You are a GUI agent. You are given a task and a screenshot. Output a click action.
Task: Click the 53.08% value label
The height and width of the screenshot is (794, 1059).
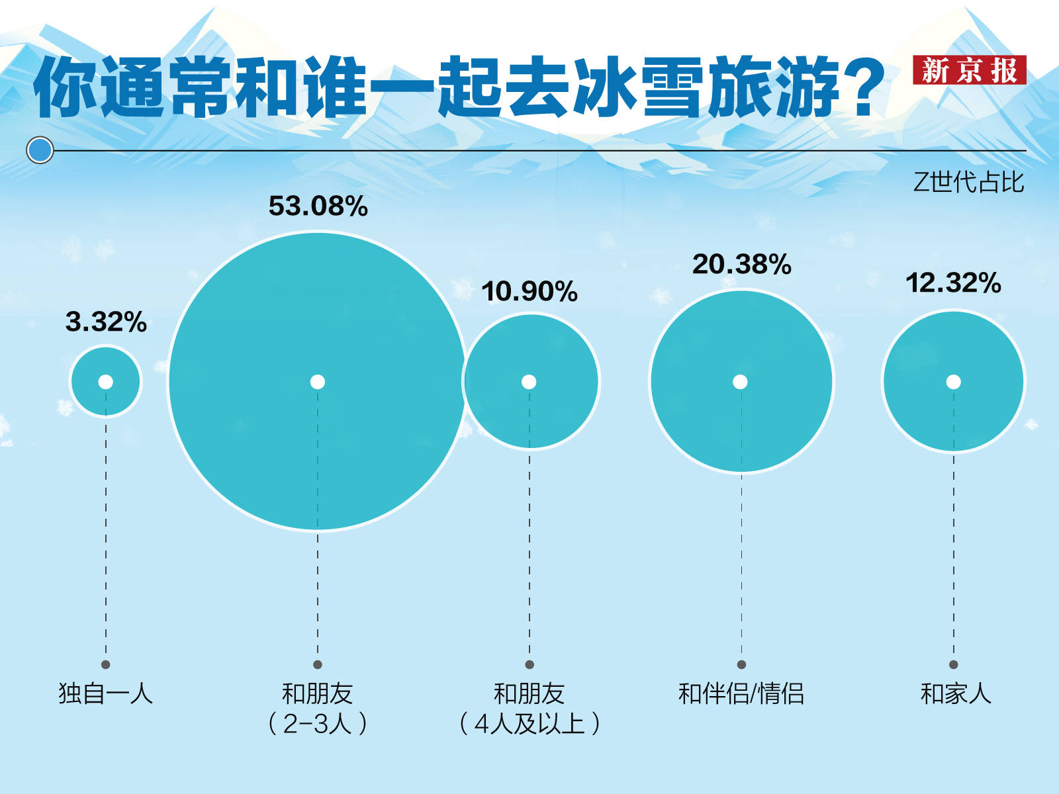click(318, 206)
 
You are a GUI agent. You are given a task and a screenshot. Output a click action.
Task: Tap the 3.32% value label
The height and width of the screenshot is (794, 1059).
click(106, 322)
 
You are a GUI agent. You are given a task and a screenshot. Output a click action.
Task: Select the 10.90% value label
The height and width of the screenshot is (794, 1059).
click(529, 291)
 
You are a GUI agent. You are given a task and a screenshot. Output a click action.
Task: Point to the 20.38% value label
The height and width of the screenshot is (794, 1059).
click(741, 264)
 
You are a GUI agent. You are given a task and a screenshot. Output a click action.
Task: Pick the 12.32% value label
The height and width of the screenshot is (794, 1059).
click(953, 283)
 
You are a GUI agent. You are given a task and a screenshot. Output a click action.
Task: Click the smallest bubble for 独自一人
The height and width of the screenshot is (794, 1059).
click(106, 397)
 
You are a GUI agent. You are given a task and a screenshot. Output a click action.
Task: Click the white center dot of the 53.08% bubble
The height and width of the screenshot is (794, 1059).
click(318, 382)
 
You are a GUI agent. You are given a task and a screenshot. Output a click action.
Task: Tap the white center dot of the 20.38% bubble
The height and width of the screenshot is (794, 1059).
click(741, 382)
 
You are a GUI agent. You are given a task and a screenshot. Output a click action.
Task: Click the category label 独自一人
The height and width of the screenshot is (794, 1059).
click(106, 693)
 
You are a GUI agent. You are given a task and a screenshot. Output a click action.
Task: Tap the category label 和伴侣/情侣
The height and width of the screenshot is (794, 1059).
click(741, 693)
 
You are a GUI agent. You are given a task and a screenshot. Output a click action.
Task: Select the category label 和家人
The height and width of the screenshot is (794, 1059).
click(955, 693)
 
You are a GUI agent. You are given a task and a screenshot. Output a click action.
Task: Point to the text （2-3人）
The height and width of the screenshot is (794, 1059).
click(318, 723)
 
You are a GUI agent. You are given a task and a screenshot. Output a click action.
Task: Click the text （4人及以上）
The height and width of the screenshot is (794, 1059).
click(529, 723)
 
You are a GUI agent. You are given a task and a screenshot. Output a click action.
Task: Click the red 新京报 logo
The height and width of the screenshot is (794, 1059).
click(969, 70)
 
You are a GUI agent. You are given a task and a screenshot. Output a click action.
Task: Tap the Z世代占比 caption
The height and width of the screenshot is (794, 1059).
click(968, 182)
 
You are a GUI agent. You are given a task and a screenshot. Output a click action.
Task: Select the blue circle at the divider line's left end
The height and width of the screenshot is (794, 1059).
click(40, 150)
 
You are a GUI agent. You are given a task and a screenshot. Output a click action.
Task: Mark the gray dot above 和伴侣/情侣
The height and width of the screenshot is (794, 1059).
click(741, 664)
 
